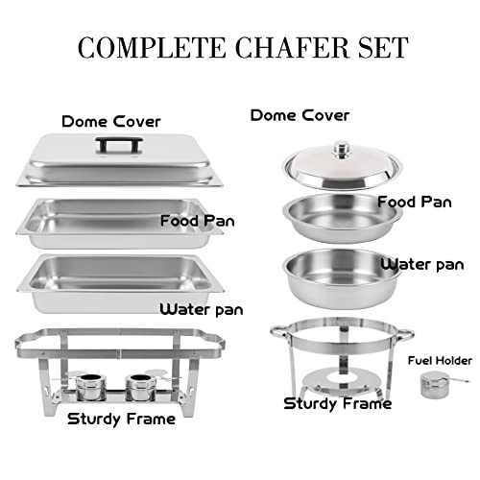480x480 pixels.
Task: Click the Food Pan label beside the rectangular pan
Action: pyautogui.click(x=200, y=220)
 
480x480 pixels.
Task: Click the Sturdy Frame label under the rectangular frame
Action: pyautogui.click(x=121, y=419)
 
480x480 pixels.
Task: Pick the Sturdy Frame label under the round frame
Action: pyautogui.click(x=337, y=403)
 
